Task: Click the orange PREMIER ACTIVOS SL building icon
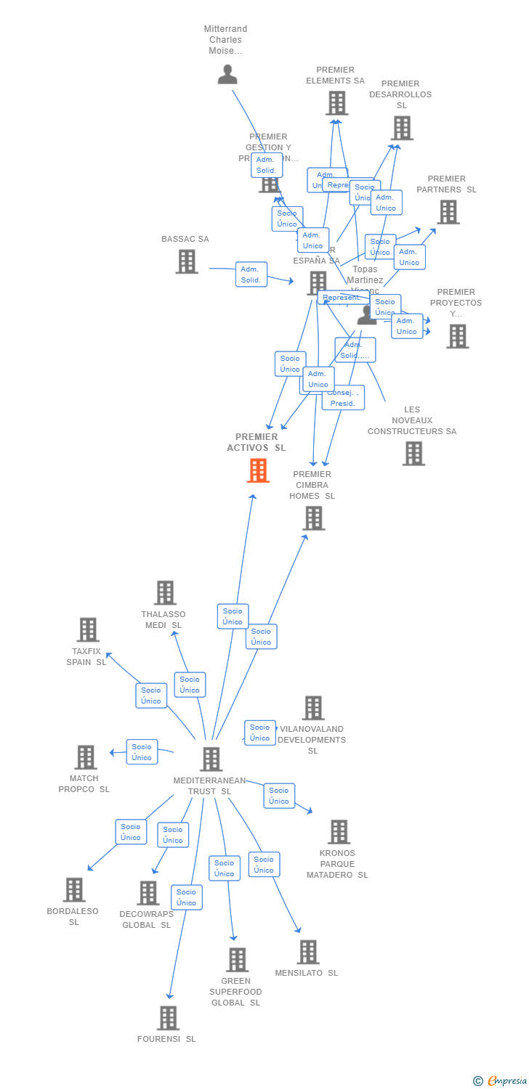(x=258, y=470)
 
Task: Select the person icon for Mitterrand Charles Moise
(x=227, y=74)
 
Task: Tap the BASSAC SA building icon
(x=187, y=261)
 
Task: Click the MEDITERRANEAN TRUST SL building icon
(x=211, y=759)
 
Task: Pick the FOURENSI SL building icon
(x=168, y=1018)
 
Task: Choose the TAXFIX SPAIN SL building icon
(x=88, y=629)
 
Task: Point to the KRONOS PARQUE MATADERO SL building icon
(x=339, y=831)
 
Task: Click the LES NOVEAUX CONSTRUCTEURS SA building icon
(x=413, y=453)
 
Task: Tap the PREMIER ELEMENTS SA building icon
(x=336, y=103)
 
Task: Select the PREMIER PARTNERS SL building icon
(x=448, y=212)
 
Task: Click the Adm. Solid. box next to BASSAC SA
(x=251, y=274)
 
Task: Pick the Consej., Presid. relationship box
(x=343, y=398)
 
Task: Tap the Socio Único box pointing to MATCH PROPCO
(x=142, y=752)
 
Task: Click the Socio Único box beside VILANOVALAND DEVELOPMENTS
(x=259, y=733)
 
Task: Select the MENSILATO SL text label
(x=306, y=973)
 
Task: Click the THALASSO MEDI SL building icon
(x=165, y=592)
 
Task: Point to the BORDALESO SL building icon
(x=74, y=889)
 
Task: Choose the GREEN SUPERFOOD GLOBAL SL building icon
(x=237, y=959)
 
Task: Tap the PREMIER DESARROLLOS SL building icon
(x=402, y=128)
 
